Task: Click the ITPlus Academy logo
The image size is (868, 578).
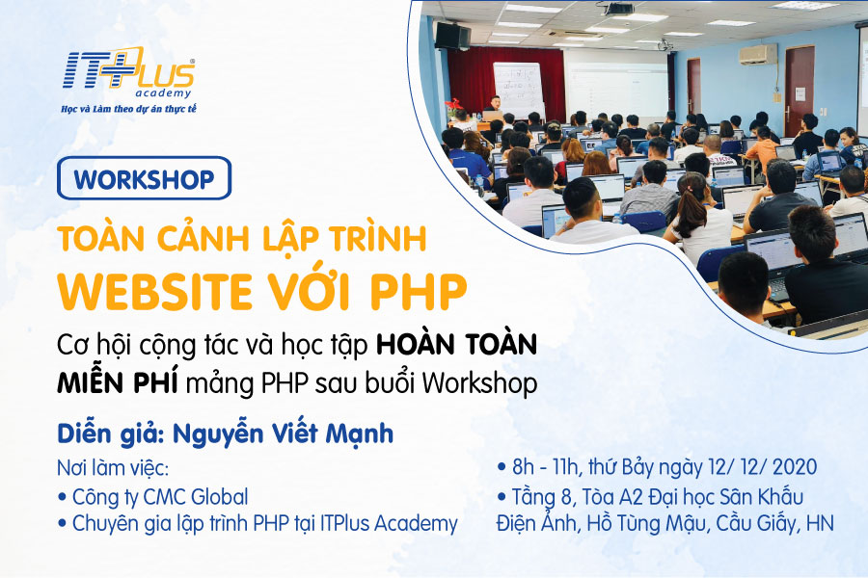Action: (x=128, y=72)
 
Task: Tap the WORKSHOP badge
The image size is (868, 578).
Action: (x=144, y=178)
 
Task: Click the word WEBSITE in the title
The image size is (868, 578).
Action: (x=155, y=291)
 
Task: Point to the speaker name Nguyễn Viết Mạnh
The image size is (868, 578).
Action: (x=283, y=433)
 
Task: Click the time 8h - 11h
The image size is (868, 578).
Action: (x=545, y=467)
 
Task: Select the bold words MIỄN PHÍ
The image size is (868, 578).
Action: (x=118, y=382)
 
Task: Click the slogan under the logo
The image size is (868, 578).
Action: (x=128, y=109)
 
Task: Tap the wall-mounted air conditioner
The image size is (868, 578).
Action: (x=758, y=55)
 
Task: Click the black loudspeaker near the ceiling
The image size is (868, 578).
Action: (x=452, y=35)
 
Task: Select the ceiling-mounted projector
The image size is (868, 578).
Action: (x=618, y=9)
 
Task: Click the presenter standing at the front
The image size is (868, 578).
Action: (x=495, y=107)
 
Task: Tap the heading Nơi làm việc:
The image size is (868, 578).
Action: (x=113, y=468)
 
